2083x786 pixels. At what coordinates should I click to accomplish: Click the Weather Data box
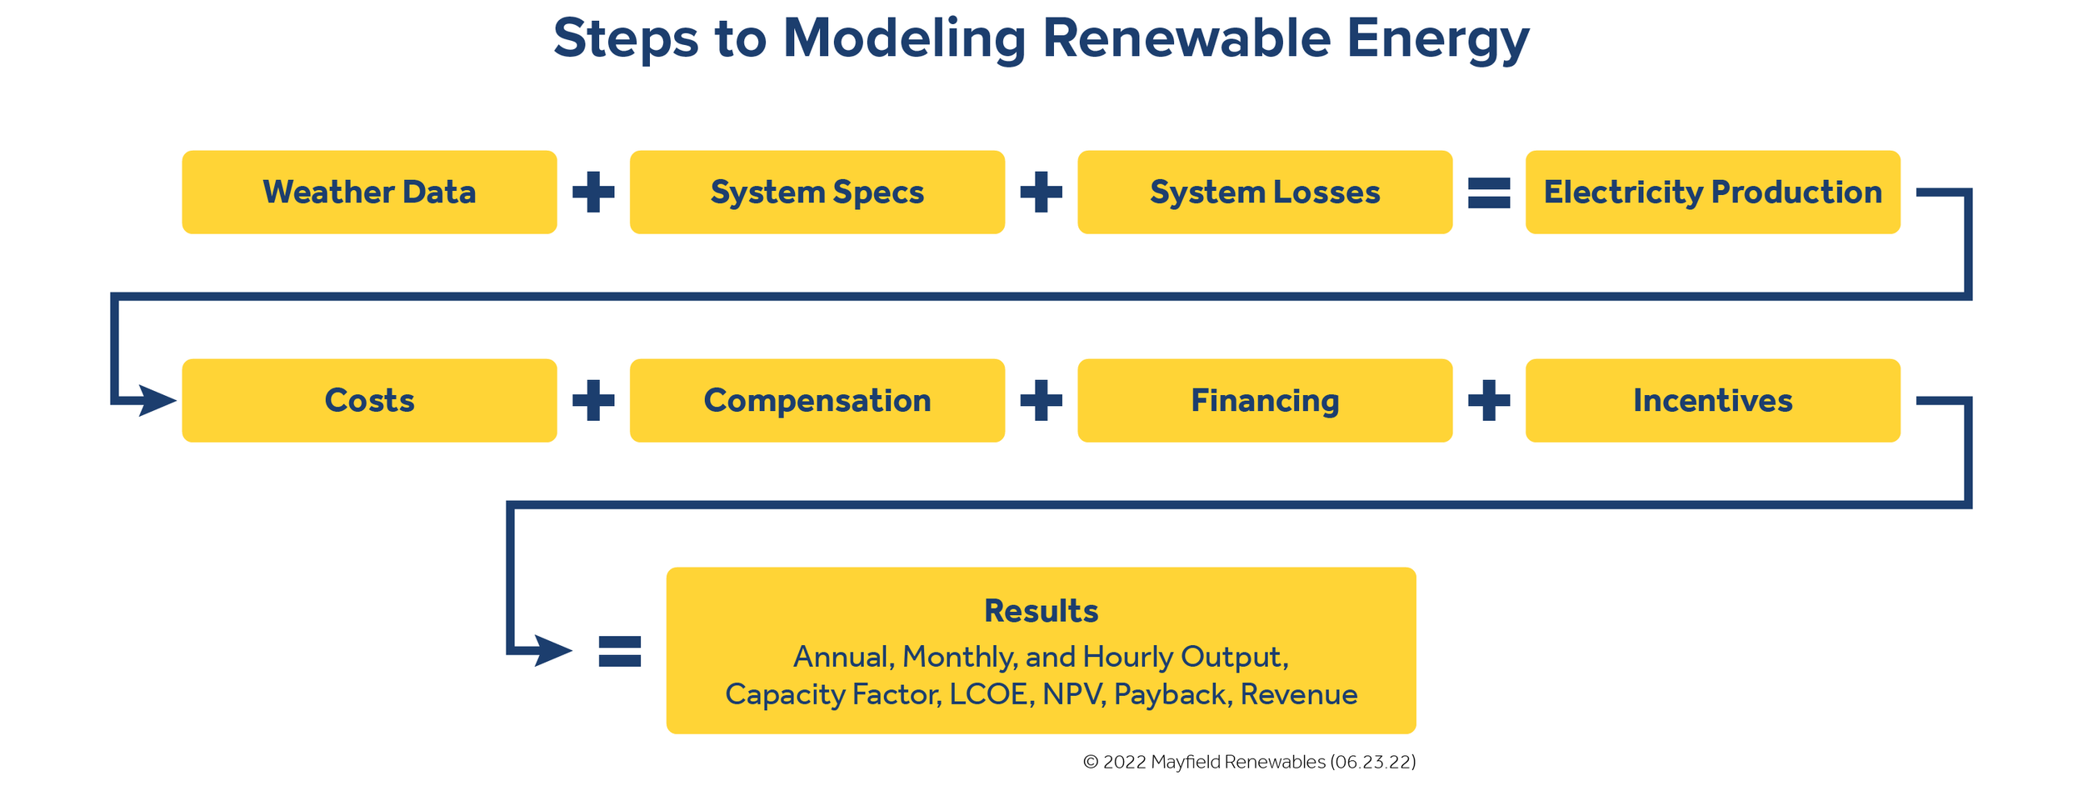369,193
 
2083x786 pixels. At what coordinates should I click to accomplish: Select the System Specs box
817,193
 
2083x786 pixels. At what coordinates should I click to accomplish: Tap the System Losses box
1265,193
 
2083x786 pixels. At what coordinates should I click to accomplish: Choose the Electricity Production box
1712,193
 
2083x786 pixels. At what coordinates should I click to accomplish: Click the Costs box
369,401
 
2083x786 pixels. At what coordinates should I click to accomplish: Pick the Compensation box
817,401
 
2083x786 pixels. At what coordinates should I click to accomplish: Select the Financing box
1265,401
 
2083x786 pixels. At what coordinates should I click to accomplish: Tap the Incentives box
1712,401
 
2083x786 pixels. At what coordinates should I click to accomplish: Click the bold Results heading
1041,611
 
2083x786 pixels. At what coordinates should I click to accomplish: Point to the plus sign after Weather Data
593,193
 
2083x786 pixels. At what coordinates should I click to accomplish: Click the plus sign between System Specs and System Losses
1041,193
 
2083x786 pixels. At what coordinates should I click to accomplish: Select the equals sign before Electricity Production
1489,193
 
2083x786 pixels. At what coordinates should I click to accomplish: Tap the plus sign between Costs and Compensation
593,401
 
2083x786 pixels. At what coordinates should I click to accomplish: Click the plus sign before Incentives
1489,401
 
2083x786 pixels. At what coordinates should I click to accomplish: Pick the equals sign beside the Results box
620,651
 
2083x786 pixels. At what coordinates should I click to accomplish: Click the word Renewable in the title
1186,38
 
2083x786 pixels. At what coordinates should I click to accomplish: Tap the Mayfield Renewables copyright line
1249,762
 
